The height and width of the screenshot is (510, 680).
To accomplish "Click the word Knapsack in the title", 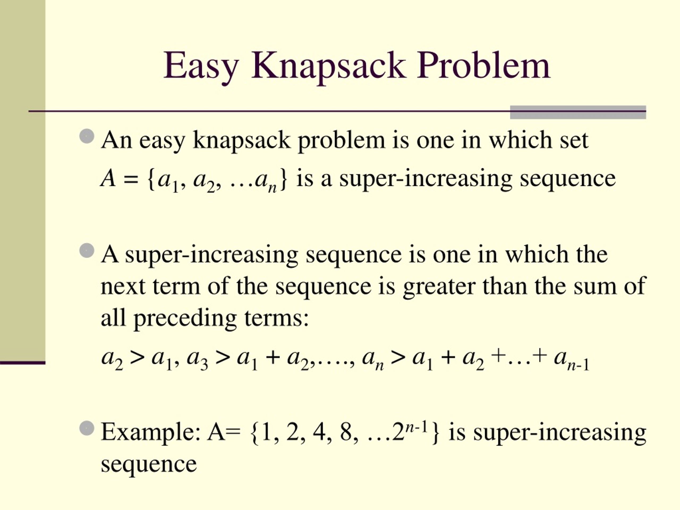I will pyautogui.click(x=328, y=66).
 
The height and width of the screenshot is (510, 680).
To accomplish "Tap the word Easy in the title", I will pyautogui.click(x=201, y=66).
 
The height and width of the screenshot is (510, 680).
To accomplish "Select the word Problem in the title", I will pyautogui.click(x=483, y=66).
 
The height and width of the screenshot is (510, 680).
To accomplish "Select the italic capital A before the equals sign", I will pyautogui.click(x=108, y=178).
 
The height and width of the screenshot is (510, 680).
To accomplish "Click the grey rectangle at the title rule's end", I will pyautogui.click(x=578, y=112).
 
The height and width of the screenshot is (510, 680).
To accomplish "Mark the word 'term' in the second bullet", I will pyautogui.click(x=176, y=286).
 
